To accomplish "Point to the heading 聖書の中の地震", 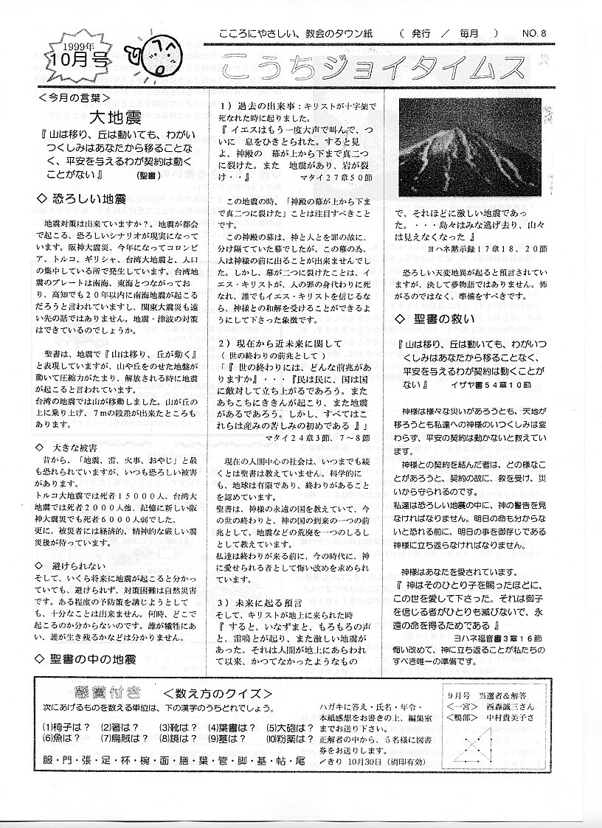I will (x=89, y=658).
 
